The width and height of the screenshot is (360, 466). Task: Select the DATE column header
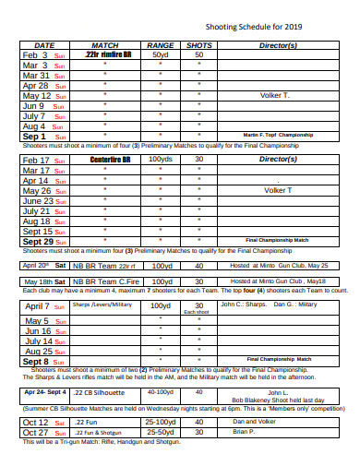[x=43, y=44]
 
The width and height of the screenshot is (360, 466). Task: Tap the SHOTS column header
[x=198, y=44]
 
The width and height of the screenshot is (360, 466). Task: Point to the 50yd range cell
[x=161, y=54]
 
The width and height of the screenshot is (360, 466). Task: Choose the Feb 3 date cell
[x=43, y=54]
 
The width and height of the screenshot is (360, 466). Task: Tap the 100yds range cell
[x=161, y=160]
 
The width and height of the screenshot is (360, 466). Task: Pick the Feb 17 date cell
[x=43, y=160]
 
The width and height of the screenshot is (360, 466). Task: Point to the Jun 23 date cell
[x=43, y=200]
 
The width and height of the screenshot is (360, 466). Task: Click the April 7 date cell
[x=43, y=281]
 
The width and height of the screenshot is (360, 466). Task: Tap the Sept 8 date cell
[x=43, y=336]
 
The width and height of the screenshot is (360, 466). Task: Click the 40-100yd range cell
[x=160, y=366]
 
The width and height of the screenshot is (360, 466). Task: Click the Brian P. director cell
[x=244, y=407]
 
